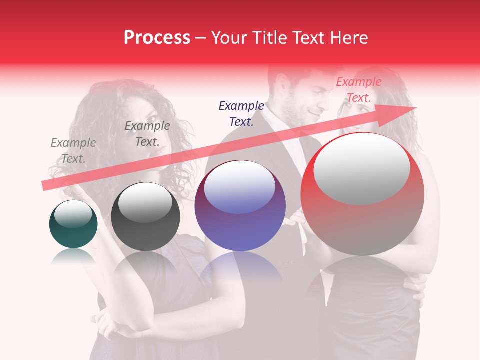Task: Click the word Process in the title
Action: tap(157, 38)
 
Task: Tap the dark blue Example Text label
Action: tap(241, 113)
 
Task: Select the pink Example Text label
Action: tap(358, 90)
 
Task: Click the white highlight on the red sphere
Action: tap(361, 167)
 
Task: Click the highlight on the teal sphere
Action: tap(73, 214)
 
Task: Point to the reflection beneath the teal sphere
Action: tap(73, 256)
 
